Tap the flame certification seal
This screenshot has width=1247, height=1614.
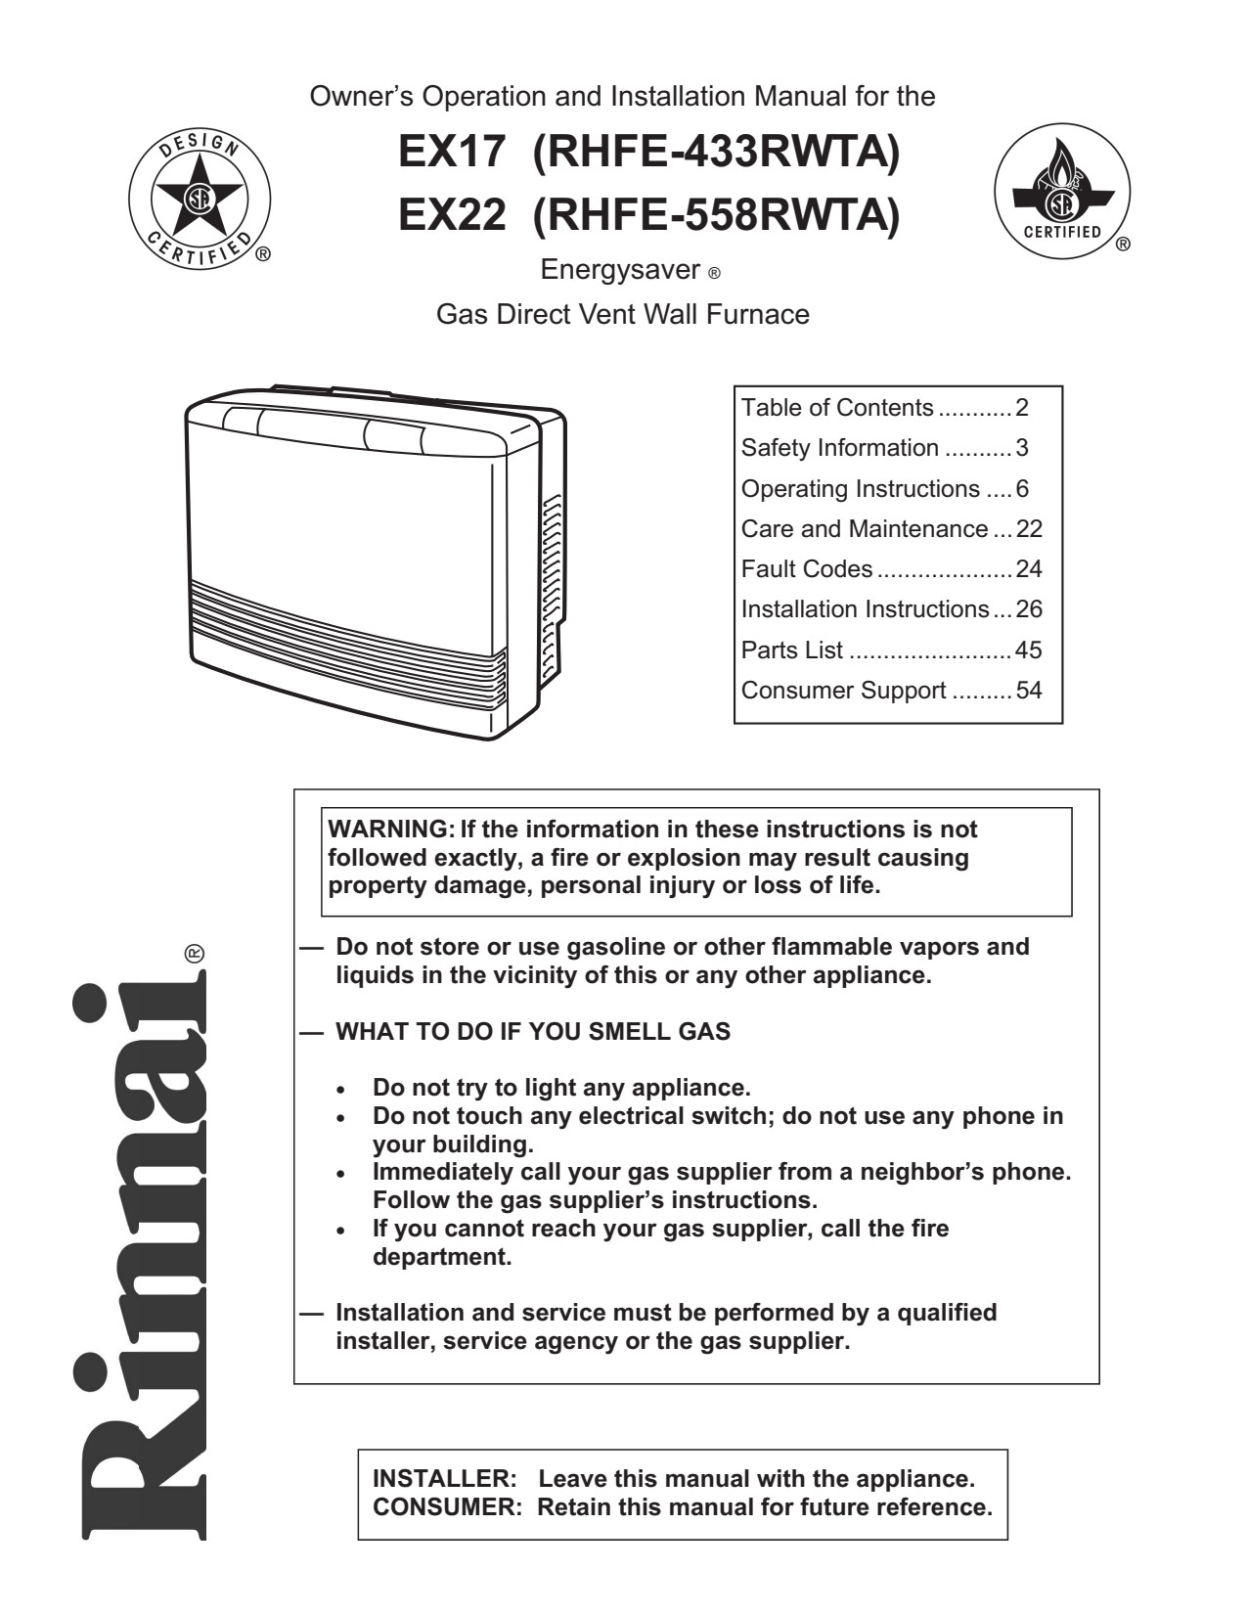pos(1062,192)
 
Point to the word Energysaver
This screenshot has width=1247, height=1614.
pos(620,269)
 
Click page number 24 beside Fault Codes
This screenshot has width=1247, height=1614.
pos(1029,569)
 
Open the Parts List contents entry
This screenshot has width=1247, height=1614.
pos(792,650)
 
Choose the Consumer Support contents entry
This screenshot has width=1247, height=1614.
pos(843,691)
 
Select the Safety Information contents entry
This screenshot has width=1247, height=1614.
pos(839,448)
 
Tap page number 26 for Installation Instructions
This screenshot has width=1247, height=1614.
pos(1029,609)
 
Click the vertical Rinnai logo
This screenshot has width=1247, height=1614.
pos(140,1262)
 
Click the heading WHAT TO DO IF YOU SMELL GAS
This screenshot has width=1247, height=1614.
pos(533,1032)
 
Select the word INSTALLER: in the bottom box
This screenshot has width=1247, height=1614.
pos(445,1478)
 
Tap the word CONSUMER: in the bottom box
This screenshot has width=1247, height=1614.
pos(449,1506)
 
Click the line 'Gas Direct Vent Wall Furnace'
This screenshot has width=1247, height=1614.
pos(622,315)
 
